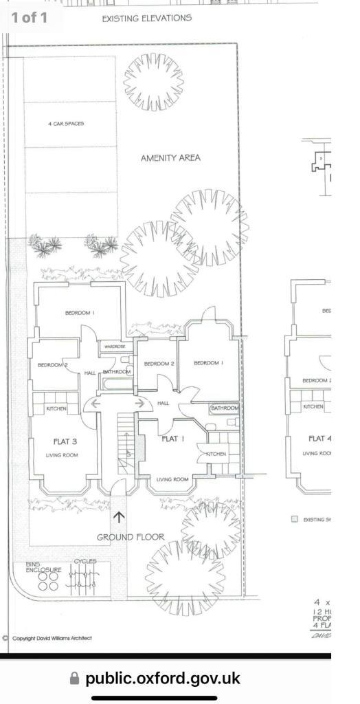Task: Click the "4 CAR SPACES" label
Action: (x=66, y=124)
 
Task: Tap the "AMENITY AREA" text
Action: (x=170, y=157)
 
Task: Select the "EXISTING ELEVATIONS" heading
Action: (x=146, y=19)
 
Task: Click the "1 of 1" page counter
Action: (x=29, y=18)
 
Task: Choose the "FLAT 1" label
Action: (x=172, y=439)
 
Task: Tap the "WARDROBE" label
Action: (x=115, y=347)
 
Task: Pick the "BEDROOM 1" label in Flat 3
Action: (x=80, y=313)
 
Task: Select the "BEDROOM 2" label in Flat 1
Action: (x=159, y=364)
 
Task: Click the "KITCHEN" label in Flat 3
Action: (x=56, y=409)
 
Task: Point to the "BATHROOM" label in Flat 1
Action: (x=225, y=408)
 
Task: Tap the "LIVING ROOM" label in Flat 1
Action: (x=172, y=479)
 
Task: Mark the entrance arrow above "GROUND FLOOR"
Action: (x=119, y=516)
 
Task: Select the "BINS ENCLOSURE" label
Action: (x=44, y=567)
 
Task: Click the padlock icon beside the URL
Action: (x=75, y=679)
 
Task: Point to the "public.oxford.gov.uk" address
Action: (x=163, y=679)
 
